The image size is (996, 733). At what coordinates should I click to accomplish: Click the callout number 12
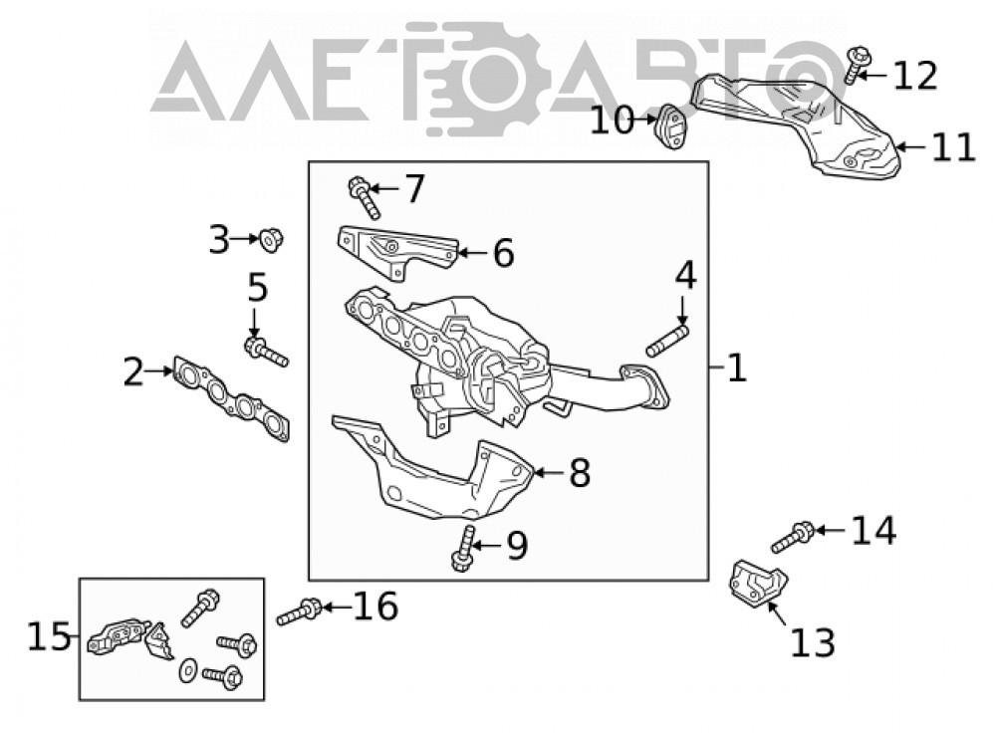tap(914, 76)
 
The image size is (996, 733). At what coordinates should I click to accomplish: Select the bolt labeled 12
tap(856, 64)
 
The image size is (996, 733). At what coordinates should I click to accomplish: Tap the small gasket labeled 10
tap(669, 125)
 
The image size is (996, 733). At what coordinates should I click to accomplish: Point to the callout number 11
tap(953, 147)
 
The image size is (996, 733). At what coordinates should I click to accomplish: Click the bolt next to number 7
tap(364, 197)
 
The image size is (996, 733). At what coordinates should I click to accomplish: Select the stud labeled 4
tap(666, 341)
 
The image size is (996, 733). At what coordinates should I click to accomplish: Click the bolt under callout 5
tap(266, 352)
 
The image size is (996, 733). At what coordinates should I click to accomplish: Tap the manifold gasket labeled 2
tap(230, 397)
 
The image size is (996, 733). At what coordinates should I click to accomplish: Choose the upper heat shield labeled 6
tap(397, 252)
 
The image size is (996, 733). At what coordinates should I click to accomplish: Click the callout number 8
tap(580, 473)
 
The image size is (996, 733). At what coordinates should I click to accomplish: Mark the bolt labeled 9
tap(464, 548)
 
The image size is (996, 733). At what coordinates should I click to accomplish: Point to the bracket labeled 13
tap(756, 584)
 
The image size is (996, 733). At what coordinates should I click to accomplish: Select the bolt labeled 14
tap(792, 537)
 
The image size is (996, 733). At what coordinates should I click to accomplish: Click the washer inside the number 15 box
tap(187, 670)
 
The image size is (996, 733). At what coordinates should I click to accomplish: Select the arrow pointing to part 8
tap(548, 473)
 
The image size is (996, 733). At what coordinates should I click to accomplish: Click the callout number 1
tap(736, 367)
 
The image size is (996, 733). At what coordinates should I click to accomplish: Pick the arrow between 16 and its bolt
tap(336, 608)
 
